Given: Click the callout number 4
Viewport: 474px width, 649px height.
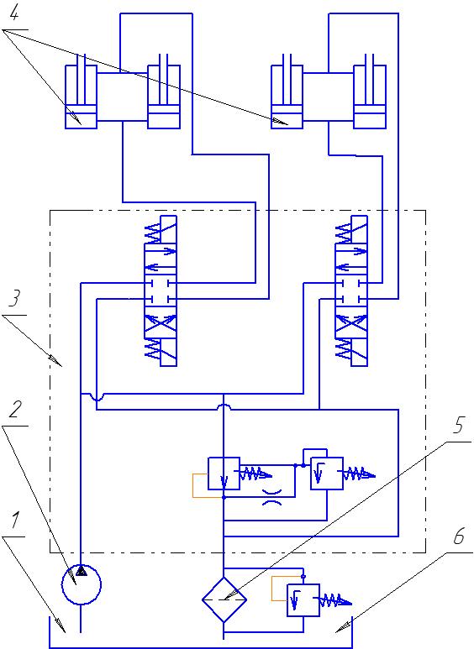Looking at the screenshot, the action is pyautogui.click(x=13, y=14).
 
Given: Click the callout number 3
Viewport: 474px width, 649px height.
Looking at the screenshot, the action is pyautogui.click(x=14, y=298).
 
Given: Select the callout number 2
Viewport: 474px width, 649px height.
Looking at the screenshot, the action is pyautogui.click(x=15, y=410).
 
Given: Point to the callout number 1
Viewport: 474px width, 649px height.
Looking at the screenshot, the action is pyautogui.click(x=15, y=520).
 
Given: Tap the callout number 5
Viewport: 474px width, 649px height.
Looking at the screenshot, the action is pyautogui.click(x=458, y=425).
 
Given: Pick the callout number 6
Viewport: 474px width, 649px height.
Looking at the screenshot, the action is pyautogui.click(x=458, y=536).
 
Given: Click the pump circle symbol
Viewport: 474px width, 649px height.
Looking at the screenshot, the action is pyautogui.click(x=82, y=584).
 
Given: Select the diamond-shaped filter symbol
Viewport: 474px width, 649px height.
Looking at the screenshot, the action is pyautogui.click(x=224, y=599).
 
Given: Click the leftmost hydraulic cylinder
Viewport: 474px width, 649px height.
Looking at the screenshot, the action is pyautogui.click(x=81, y=97).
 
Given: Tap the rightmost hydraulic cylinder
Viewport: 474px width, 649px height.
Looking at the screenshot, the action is pyautogui.click(x=370, y=97).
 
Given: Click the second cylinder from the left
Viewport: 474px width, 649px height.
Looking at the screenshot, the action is pyautogui.click(x=164, y=97).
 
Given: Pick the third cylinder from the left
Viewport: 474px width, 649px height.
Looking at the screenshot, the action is pyautogui.click(x=287, y=97).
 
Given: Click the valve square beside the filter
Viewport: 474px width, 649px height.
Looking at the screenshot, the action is pyautogui.click(x=303, y=600).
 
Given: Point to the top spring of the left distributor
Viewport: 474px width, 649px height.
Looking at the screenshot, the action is pyautogui.click(x=152, y=234).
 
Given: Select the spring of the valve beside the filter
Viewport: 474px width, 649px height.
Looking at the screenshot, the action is pyautogui.click(x=335, y=600).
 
